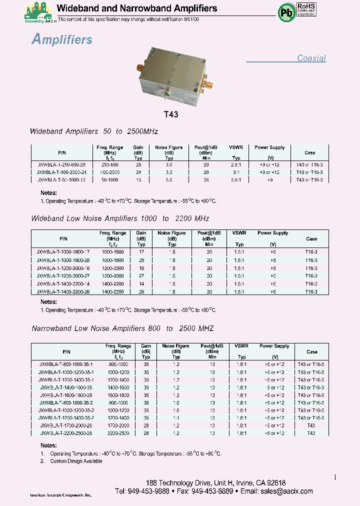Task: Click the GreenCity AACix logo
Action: click(39, 12)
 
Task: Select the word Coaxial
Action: click(311, 58)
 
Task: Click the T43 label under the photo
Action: click(171, 114)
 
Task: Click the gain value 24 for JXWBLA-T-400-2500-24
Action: click(138, 171)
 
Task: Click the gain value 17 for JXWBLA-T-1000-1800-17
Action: click(141, 252)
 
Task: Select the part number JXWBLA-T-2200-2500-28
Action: click(66, 433)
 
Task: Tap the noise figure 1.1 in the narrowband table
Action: click(176, 417)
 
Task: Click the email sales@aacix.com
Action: click(286, 491)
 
